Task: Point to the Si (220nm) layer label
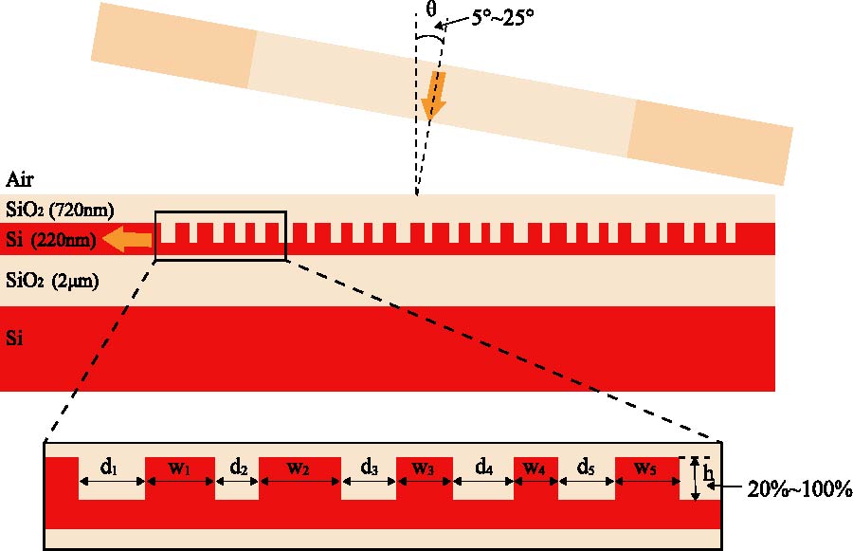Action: click(51, 240)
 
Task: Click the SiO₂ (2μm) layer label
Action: click(54, 281)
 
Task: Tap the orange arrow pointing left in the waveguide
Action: click(127, 241)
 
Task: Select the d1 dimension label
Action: click(109, 467)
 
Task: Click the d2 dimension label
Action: click(238, 467)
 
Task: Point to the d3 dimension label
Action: click(369, 467)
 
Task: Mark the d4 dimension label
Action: click(483, 467)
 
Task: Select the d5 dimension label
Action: click(587, 467)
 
